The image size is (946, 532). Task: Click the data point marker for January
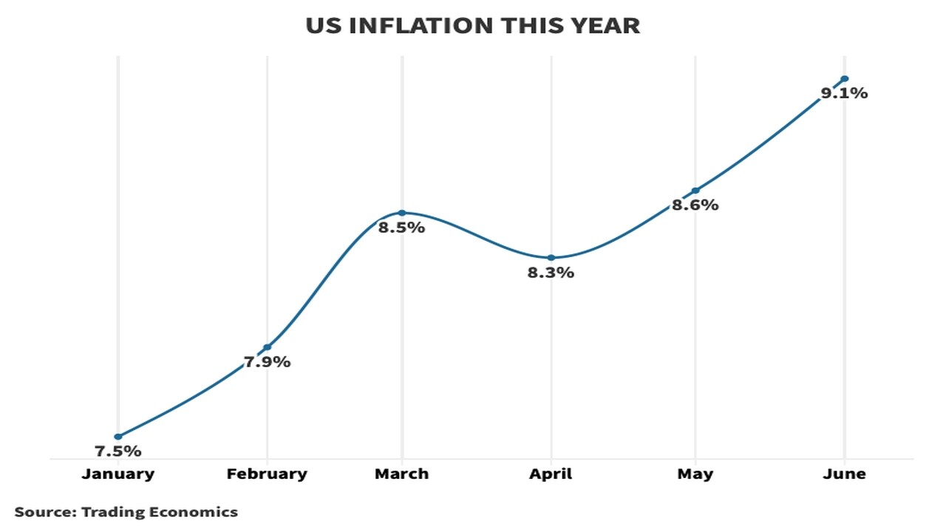[118, 437]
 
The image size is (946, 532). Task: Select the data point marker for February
[267, 347]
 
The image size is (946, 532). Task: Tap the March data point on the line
[402, 213]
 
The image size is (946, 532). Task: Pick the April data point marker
[551, 258]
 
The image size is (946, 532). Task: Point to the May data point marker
[695, 191]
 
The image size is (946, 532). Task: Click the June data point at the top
[845, 79]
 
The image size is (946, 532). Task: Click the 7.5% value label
[118, 451]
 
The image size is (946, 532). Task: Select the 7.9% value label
[267, 362]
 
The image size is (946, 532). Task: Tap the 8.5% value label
[401, 228]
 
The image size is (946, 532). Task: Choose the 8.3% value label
[551, 273]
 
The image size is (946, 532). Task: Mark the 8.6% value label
[695, 205]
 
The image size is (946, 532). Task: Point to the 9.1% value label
[844, 94]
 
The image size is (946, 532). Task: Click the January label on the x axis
[118, 474]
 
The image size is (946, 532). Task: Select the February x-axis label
[267, 474]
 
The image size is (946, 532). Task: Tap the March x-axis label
[401, 474]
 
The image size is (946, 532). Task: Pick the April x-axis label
[551, 474]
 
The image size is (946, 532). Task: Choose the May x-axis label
[695, 474]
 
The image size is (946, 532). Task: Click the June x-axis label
[844, 474]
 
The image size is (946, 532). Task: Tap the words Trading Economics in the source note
[160, 511]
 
